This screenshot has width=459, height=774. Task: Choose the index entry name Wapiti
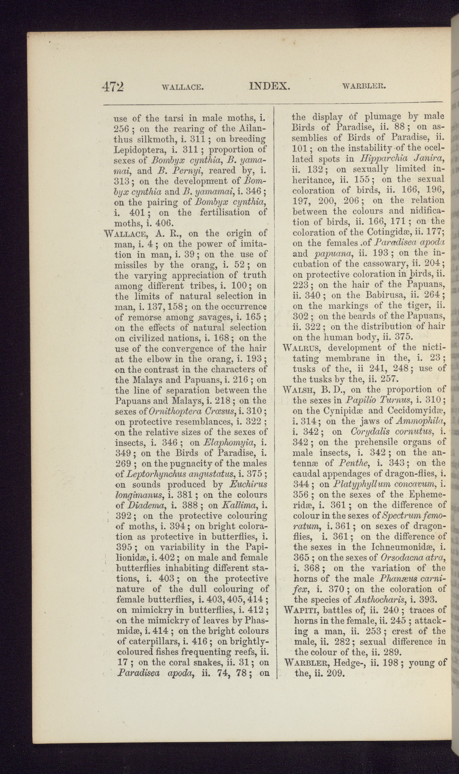300,610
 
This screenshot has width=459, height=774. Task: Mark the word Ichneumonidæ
401,547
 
